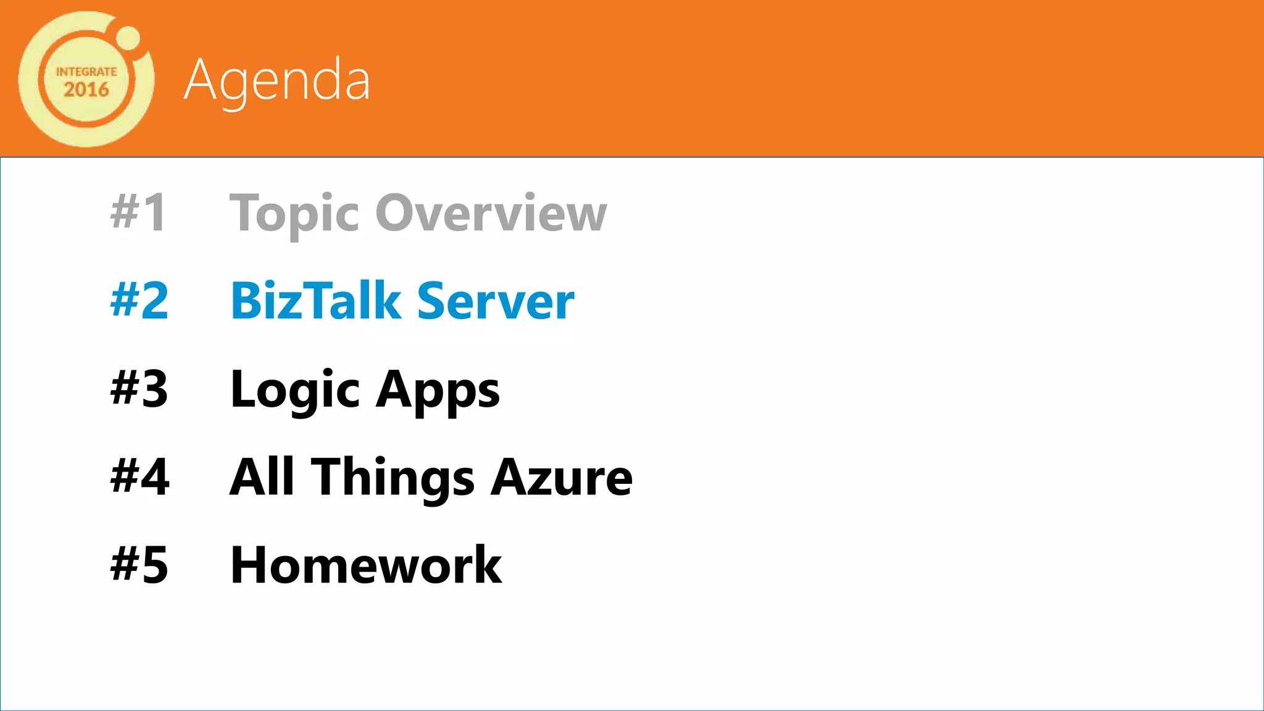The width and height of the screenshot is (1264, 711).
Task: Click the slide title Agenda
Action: point(277,80)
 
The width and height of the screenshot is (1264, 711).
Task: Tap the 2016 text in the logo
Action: point(86,89)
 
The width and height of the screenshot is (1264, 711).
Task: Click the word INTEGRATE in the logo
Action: point(86,72)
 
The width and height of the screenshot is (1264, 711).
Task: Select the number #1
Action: point(139,212)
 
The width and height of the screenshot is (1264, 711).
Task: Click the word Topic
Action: point(294,214)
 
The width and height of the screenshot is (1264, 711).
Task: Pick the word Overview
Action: point(491,212)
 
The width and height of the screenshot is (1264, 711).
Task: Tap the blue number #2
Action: point(139,301)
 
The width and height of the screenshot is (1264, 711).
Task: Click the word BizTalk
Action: point(316,301)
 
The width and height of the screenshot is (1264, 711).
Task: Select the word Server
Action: point(496,301)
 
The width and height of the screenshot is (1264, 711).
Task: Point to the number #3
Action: point(139,389)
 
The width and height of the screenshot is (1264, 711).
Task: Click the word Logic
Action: point(295,390)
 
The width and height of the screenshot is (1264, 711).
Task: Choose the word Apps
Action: point(438,390)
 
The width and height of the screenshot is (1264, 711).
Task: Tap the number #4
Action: point(139,476)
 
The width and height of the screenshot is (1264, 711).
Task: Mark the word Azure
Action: point(562,477)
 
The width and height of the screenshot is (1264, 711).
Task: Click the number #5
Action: point(139,565)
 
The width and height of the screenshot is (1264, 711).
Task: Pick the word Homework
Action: point(366,565)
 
